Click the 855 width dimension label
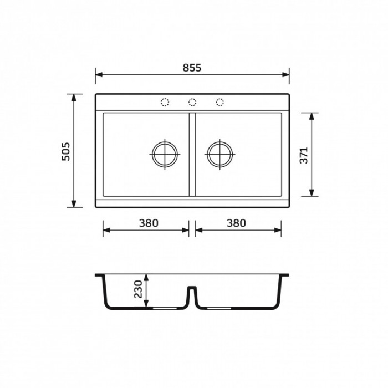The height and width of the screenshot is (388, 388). click(x=192, y=68)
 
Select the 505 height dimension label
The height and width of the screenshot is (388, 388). click(x=66, y=151)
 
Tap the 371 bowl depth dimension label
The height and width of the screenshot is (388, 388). click(x=304, y=155)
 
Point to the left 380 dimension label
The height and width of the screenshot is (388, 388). click(x=149, y=223)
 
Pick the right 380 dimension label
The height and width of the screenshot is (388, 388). click(x=236, y=223)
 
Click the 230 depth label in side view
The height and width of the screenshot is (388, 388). click(x=138, y=289)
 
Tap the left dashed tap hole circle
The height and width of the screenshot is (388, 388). click(x=165, y=102)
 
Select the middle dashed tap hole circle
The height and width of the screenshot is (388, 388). click(x=192, y=102)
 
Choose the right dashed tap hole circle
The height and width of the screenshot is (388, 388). click(x=219, y=102)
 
